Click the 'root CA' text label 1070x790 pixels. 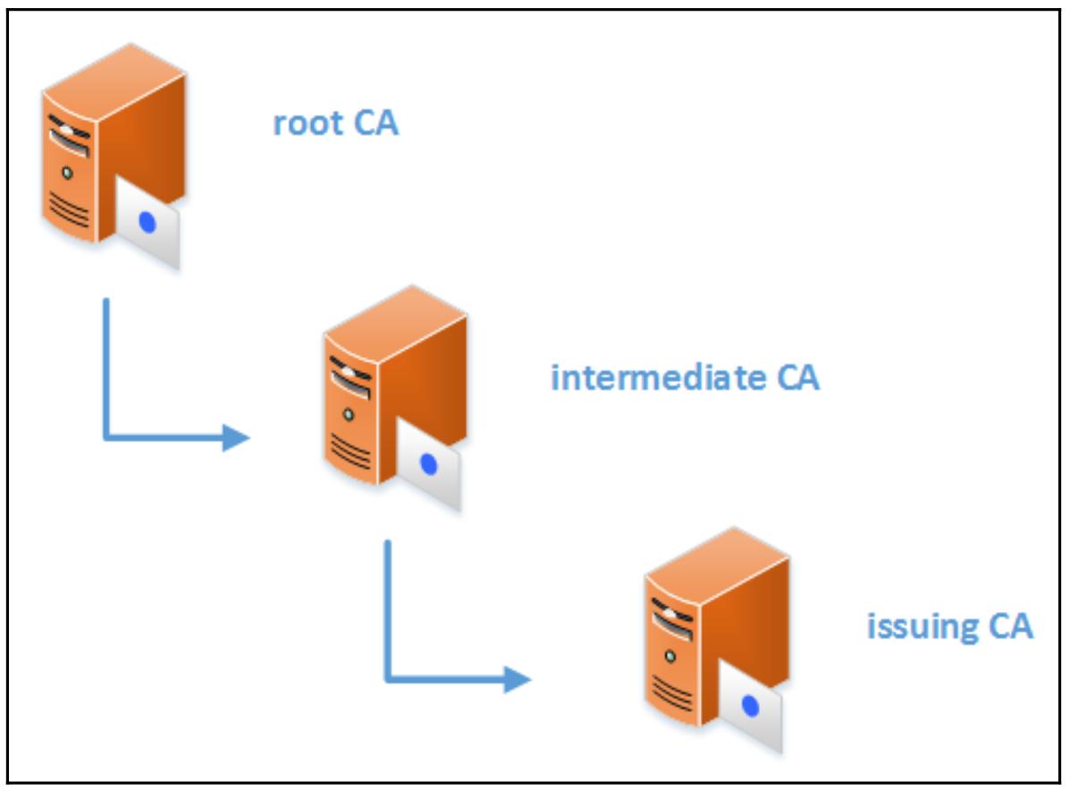coord(335,123)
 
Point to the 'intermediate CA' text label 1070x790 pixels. coord(685,378)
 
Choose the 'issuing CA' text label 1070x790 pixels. coord(949,625)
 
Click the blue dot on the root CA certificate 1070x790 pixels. coord(147,224)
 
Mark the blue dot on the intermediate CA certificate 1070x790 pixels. coord(429,463)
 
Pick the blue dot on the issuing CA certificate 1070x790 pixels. coord(751,707)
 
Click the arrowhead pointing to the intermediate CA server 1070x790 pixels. coord(236,437)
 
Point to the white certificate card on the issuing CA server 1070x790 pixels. coord(753,707)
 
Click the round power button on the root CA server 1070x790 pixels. coord(66,171)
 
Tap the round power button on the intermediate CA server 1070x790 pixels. coord(348,414)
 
